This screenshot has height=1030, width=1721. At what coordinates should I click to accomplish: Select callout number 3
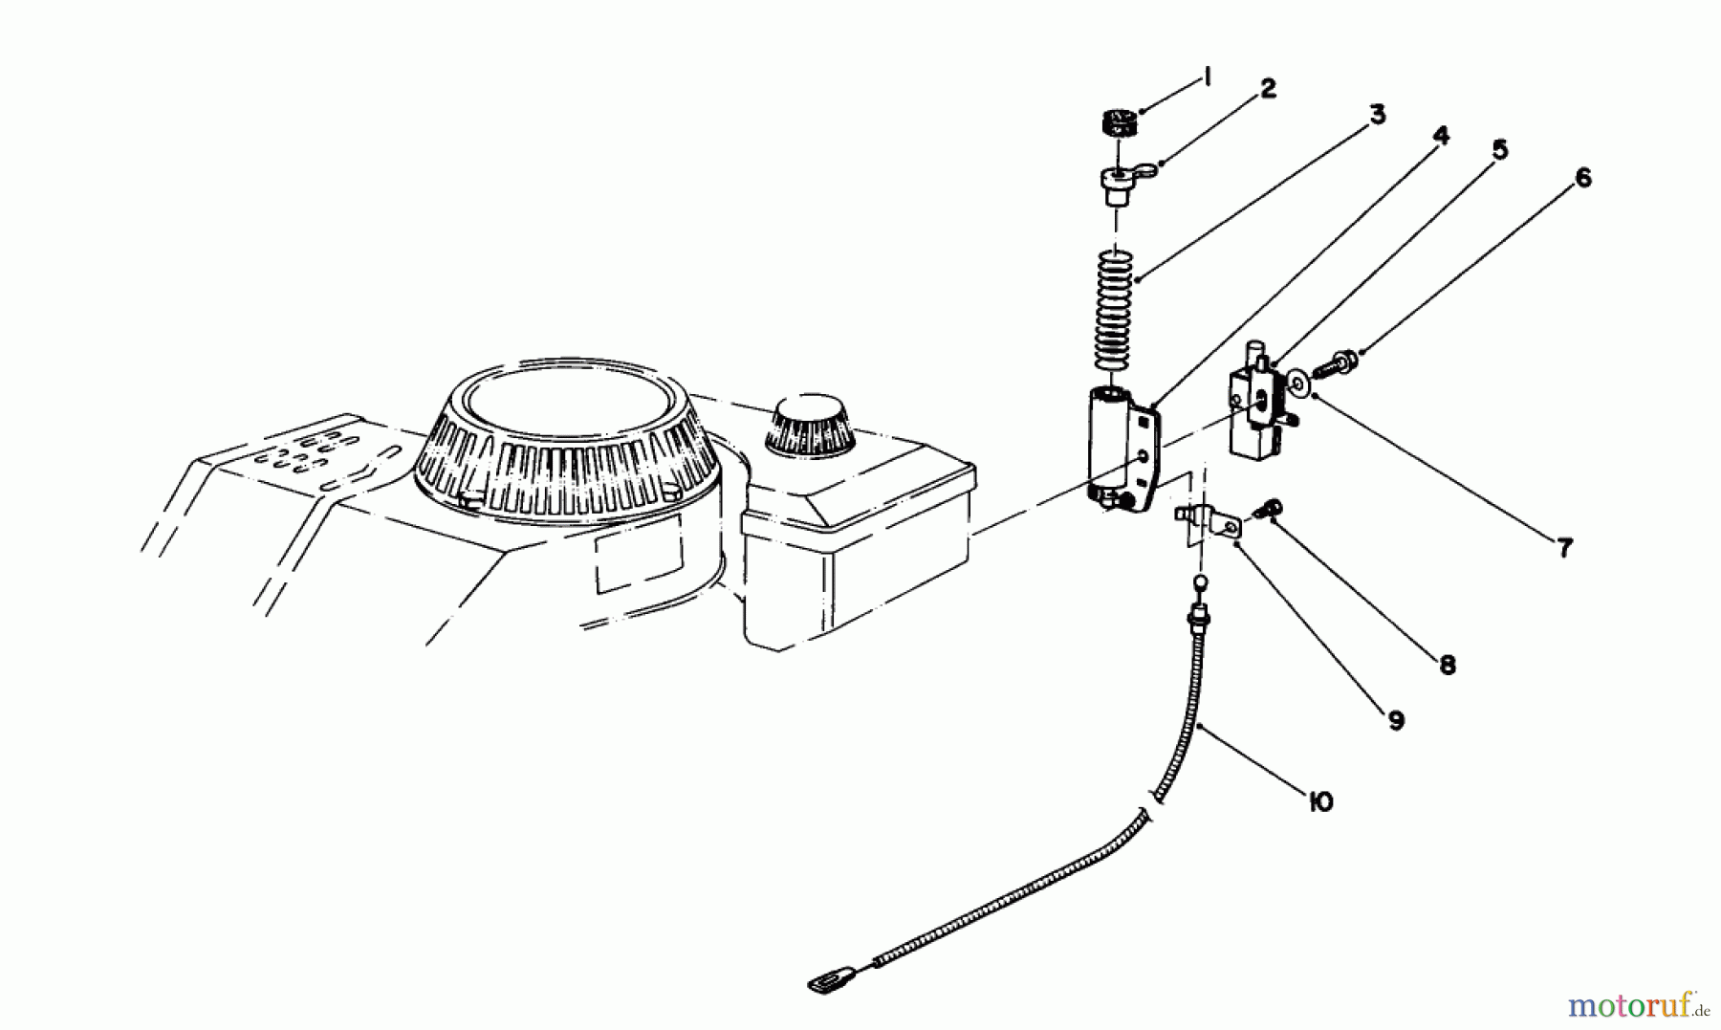coord(1376,115)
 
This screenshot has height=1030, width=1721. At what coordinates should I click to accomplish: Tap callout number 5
coord(1499,150)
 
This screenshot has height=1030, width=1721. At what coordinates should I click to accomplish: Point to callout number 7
coord(1564,548)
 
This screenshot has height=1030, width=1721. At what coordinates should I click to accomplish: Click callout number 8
coord(1447,665)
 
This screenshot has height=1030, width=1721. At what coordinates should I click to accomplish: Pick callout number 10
coord(1320,801)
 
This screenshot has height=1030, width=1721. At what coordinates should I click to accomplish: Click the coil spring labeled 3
coord(1114,311)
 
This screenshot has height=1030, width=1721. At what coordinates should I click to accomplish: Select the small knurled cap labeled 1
coord(1116,123)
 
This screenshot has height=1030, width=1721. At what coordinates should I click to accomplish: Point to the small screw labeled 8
coord(1273,510)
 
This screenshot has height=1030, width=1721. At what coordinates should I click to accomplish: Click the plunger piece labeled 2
coord(1118,183)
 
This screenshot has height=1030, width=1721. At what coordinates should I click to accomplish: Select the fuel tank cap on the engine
coord(809,427)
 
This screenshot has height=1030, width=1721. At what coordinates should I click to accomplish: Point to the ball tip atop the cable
coord(1199,581)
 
